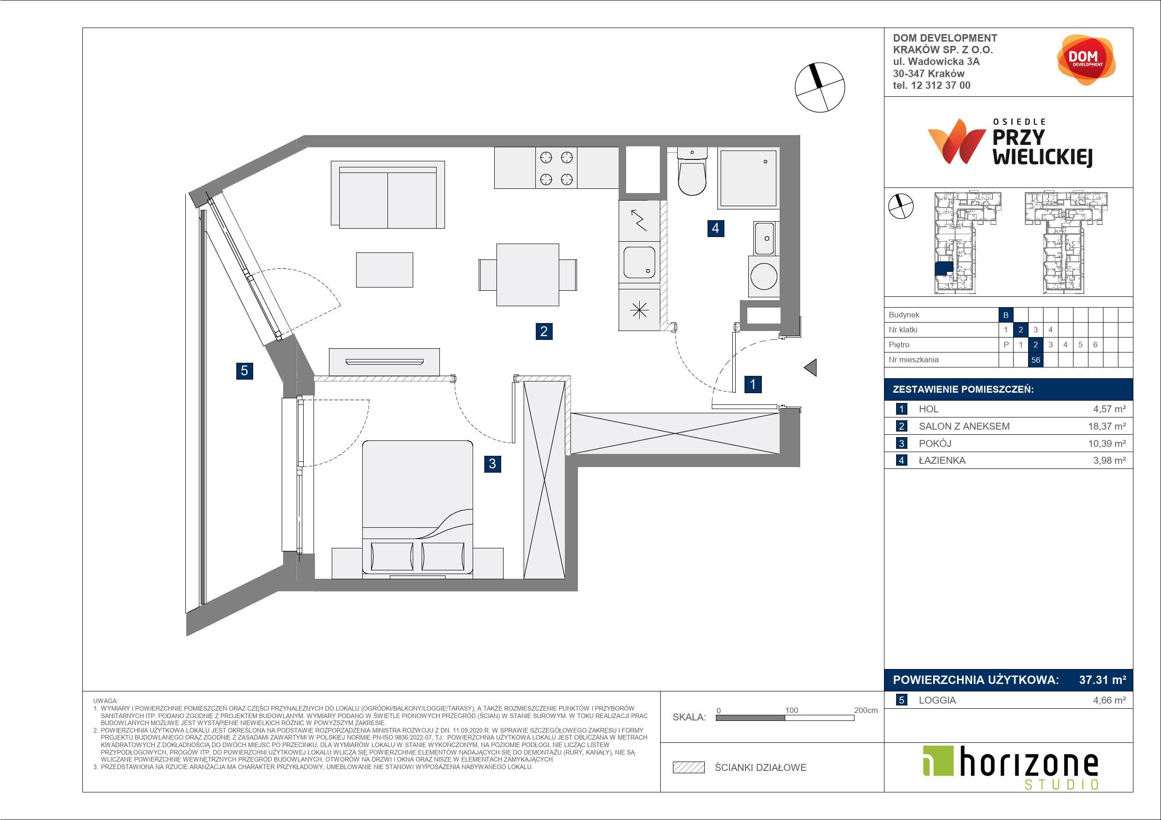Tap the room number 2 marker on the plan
click(x=544, y=331)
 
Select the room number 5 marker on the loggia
click(x=244, y=371)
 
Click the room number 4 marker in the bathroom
click(x=715, y=228)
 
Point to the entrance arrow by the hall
click(x=810, y=367)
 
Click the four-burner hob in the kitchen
click(x=556, y=168)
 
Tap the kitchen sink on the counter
click(x=640, y=262)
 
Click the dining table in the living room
click(x=527, y=275)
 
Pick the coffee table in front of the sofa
click(x=384, y=270)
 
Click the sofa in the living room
click(x=388, y=194)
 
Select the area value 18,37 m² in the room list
click(x=1107, y=426)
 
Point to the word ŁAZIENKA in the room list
click(x=942, y=460)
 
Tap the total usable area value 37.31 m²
click(x=1103, y=680)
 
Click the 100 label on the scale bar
click(x=791, y=710)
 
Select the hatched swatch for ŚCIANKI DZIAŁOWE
click(x=689, y=768)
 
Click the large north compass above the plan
click(x=820, y=87)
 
